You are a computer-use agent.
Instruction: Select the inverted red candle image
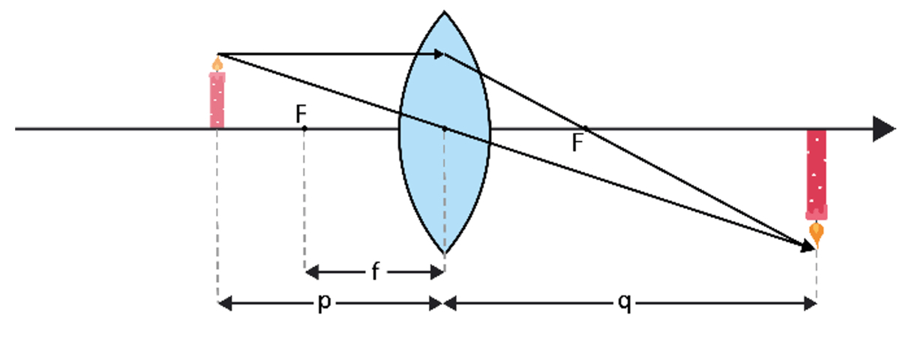(x=816, y=172)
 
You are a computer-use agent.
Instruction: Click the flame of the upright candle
(x=217, y=64)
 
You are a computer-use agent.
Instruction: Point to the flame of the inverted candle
(x=816, y=234)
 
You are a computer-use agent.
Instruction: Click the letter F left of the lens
(x=301, y=113)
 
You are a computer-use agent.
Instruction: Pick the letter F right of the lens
(x=577, y=142)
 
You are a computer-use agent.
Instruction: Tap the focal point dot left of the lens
(x=304, y=129)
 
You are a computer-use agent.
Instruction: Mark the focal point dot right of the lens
(x=585, y=128)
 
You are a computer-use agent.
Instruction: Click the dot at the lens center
(x=444, y=129)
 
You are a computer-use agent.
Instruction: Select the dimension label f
(x=375, y=271)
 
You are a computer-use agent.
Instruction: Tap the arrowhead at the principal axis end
(x=884, y=129)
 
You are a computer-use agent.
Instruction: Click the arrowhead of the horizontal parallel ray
(x=439, y=54)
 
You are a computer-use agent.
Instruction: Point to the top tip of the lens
(x=444, y=13)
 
